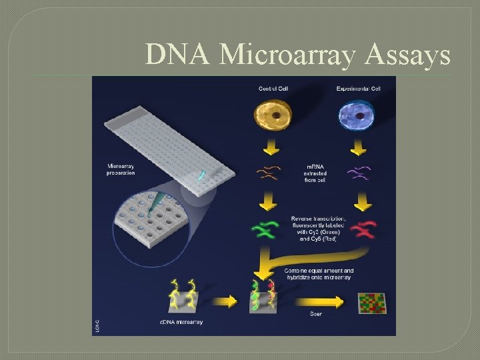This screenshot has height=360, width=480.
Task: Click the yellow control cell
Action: [x=273, y=114]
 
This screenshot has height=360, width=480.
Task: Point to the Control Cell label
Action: [x=274, y=88]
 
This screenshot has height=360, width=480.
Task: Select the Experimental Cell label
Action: [x=359, y=88]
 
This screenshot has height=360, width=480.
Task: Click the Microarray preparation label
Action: [x=120, y=170]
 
